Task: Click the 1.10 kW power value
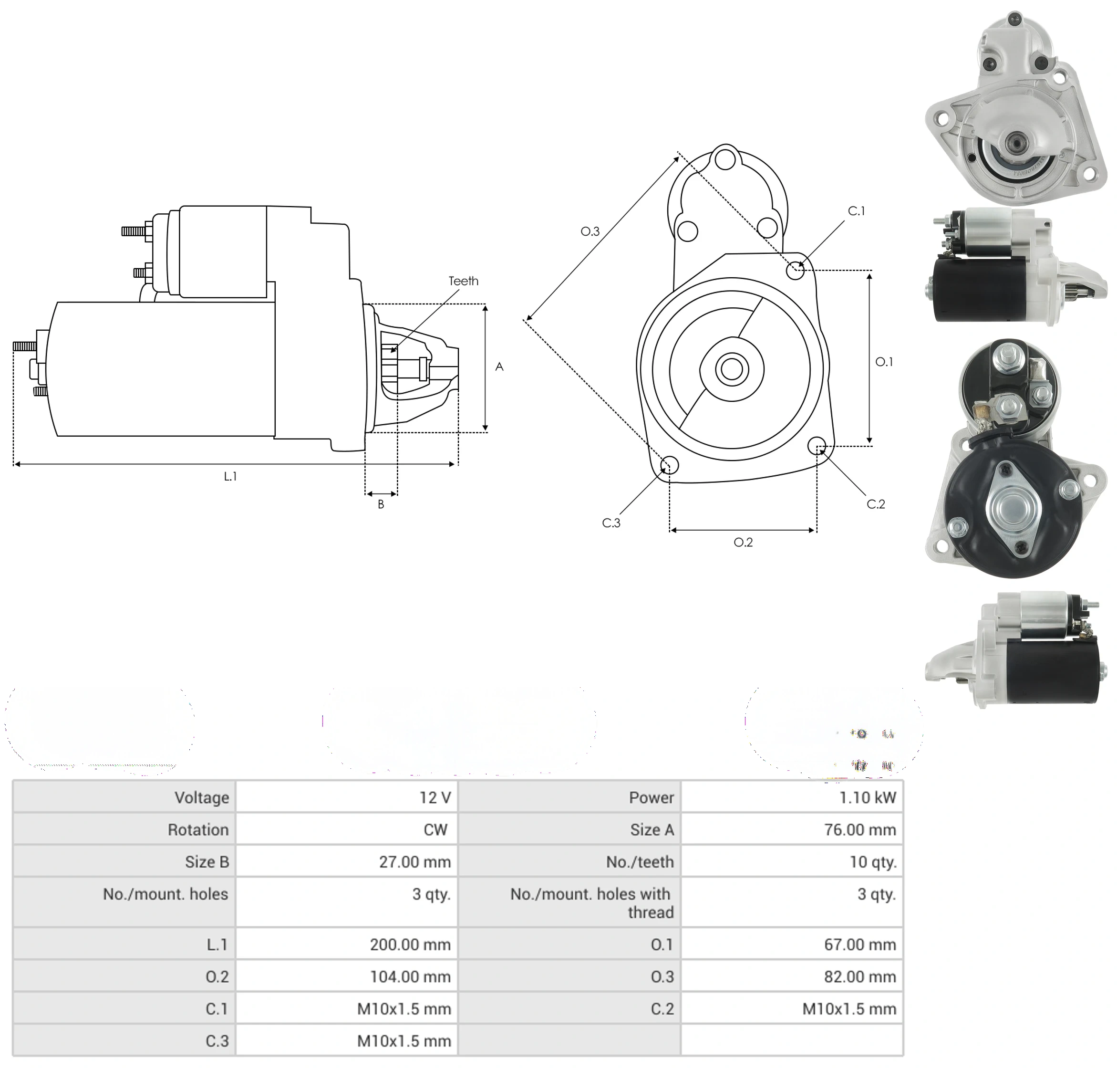tap(867, 797)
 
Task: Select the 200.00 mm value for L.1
tap(410, 944)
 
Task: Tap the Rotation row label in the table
tap(198, 829)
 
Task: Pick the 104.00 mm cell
tap(410, 976)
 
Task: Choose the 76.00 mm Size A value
tap(860, 829)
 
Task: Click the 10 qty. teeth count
tap(873, 862)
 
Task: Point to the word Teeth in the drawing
tap(463, 281)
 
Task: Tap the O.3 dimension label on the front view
tap(590, 231)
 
